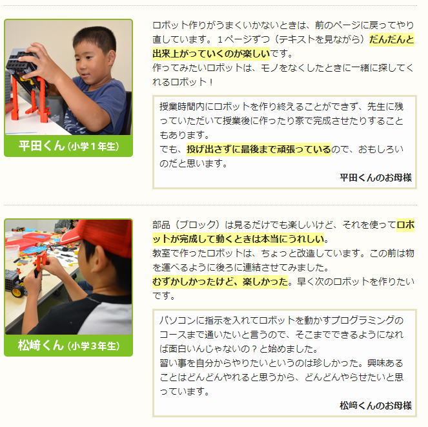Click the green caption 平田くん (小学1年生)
69,146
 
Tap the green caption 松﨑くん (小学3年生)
69,346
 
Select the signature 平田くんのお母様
376,178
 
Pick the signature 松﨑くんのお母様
376,405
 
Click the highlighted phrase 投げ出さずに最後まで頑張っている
259,149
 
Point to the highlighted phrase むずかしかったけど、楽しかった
220,282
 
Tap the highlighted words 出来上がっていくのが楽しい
211,53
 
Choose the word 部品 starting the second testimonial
161,225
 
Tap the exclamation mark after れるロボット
210,82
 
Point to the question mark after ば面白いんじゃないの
254,349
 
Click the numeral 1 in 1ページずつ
220,39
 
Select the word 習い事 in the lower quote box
173,363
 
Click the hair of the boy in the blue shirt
96,37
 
